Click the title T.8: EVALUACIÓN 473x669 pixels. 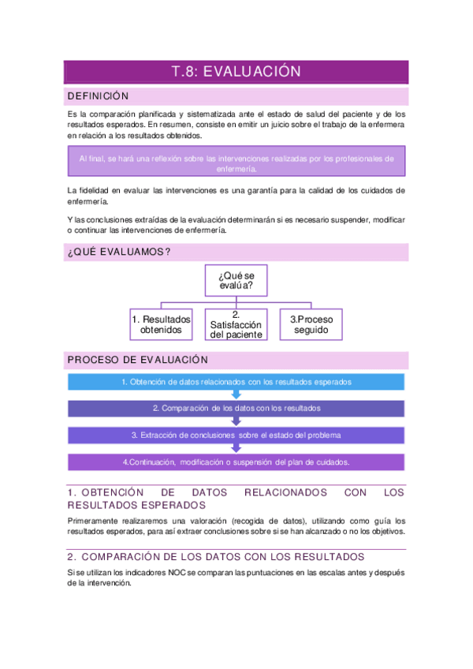tap(236, 72)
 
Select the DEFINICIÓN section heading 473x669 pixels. tap(98, 96)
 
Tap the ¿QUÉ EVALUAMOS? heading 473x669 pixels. tap(118, 252)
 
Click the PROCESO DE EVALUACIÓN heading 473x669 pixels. tap(137, 360)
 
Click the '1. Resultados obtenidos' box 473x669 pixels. tap(161, 324)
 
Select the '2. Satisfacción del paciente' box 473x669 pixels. tap(236, 324)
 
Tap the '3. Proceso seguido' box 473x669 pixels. tap(311, 324)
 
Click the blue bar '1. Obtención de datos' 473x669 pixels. tap(236, 382)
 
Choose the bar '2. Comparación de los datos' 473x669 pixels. tap(236, 409)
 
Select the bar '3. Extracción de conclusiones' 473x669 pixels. tap(236, 435)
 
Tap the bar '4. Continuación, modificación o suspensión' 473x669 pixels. tap(236, 462)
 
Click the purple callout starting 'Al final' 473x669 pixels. tap(236, 163)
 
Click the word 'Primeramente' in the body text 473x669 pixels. tap(92, 521)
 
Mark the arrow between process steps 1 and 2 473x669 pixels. tap(236, 395)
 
